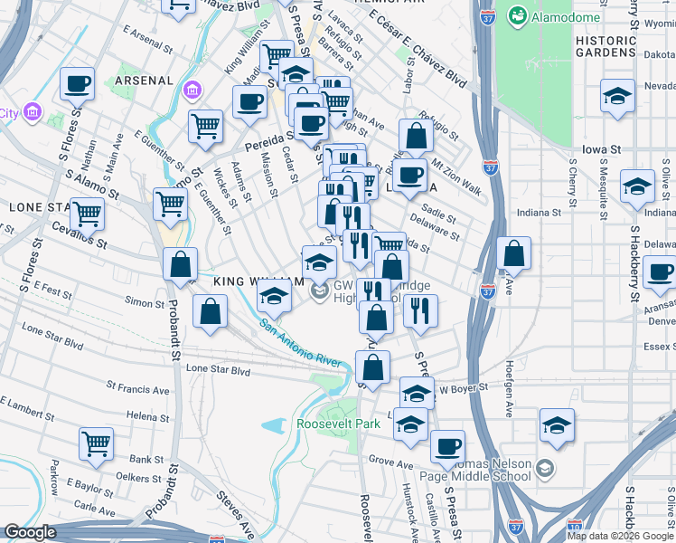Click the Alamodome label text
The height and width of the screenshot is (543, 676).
(x=559, y=15)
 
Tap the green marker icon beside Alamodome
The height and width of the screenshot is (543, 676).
(x=519, y=15)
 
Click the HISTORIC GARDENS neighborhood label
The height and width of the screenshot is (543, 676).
(x=606, y=46)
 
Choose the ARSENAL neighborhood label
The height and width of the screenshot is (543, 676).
(x=144, y=81)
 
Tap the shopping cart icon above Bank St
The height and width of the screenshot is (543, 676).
(x=96, y=443)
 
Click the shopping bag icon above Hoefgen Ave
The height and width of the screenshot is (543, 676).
(x=513, y=255)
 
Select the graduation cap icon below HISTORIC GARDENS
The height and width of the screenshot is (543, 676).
(x=617, y=99)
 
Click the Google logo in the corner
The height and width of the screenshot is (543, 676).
(x=29, y=532)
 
